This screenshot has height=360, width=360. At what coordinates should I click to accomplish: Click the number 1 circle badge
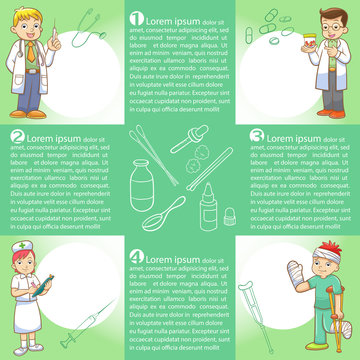[x=136, y=19]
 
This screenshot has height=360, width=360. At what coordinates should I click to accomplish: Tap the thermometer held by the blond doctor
[x=52, y=37]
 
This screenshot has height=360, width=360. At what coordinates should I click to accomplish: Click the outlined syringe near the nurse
[x=86, y=325]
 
